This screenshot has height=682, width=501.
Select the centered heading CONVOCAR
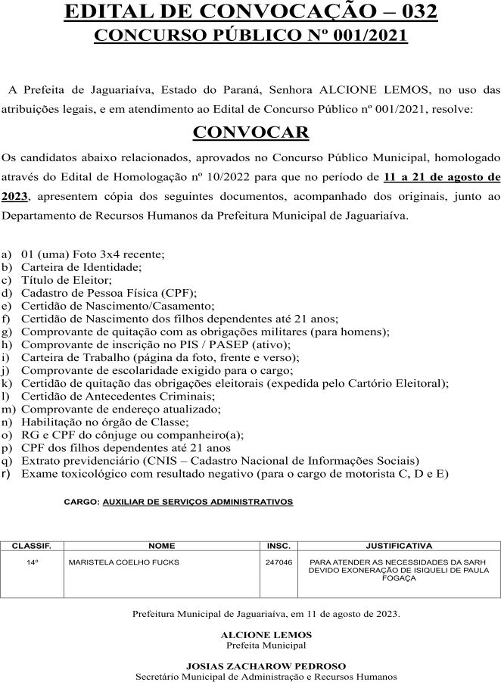tap(250, 132)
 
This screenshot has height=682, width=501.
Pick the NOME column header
tap(162, 545)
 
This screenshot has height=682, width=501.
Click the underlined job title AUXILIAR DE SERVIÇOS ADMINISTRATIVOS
tap(198, 502)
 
